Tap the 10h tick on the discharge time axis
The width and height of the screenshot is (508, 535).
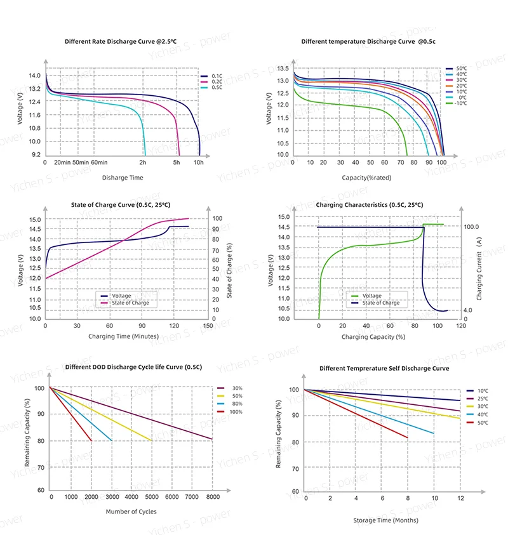point(199,163)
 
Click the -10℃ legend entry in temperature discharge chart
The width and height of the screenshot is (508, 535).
point(460,103)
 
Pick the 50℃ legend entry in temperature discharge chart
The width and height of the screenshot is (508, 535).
point(460,68)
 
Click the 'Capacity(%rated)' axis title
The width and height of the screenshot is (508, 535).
point(366,178)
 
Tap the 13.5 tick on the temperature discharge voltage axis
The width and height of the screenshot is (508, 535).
point(283,69)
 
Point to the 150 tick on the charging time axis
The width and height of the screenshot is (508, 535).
point(207,326)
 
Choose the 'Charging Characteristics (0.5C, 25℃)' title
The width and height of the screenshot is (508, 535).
point(369,205)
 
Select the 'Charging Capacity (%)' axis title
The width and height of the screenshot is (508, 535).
point(373,336)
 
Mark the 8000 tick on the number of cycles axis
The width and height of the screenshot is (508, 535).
point(213,497)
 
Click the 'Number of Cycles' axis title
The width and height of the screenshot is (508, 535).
point(130,512)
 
